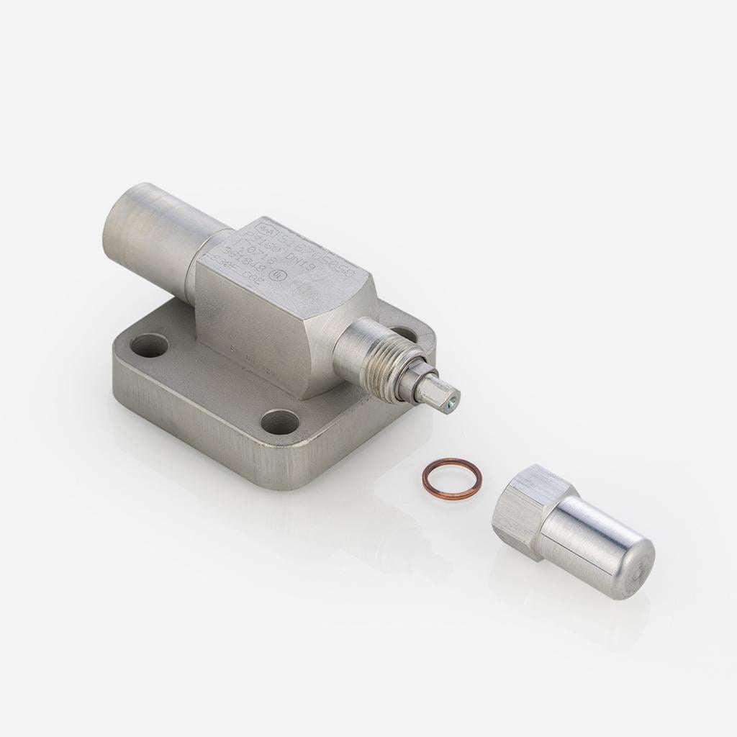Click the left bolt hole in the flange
pos(150,345)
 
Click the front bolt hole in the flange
pos(280,422)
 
